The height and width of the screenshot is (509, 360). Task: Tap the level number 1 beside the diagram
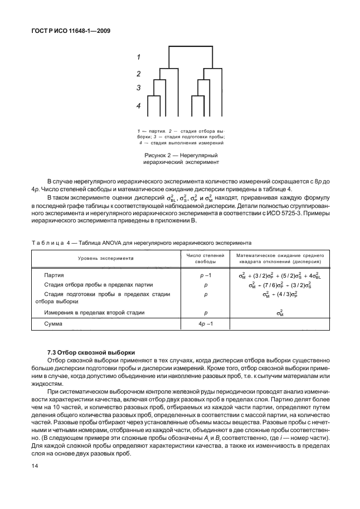[138, 57]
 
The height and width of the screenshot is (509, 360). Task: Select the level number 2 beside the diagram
[138, 74]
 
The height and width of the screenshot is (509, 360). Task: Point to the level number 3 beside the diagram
[138, 88]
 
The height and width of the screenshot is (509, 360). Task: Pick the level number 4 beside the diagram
[138, 105]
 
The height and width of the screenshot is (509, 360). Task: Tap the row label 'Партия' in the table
[54, 275]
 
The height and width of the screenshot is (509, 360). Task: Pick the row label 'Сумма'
[54, 324]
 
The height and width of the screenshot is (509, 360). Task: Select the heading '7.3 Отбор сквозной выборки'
[91, 353]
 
